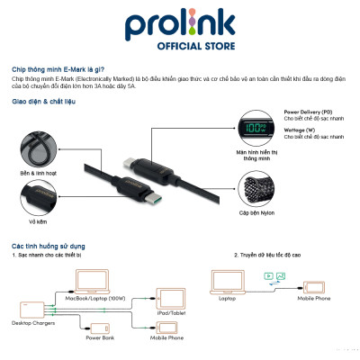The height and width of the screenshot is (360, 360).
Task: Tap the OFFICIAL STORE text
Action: tap(180, 45)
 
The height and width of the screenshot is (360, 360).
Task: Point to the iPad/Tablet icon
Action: tap(171, 297)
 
